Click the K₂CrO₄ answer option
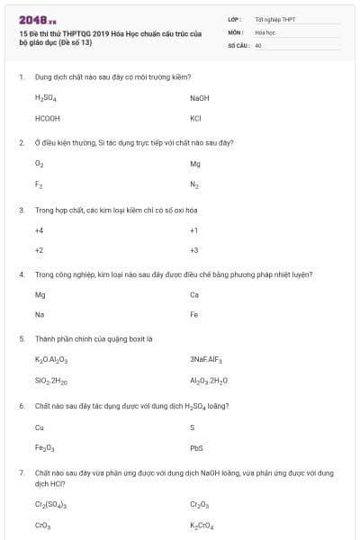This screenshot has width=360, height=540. pos(202,525)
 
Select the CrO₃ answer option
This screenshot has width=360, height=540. pos(41,525)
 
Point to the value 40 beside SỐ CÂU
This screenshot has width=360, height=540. pos(258,44)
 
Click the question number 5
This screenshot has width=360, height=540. pos(22,338)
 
